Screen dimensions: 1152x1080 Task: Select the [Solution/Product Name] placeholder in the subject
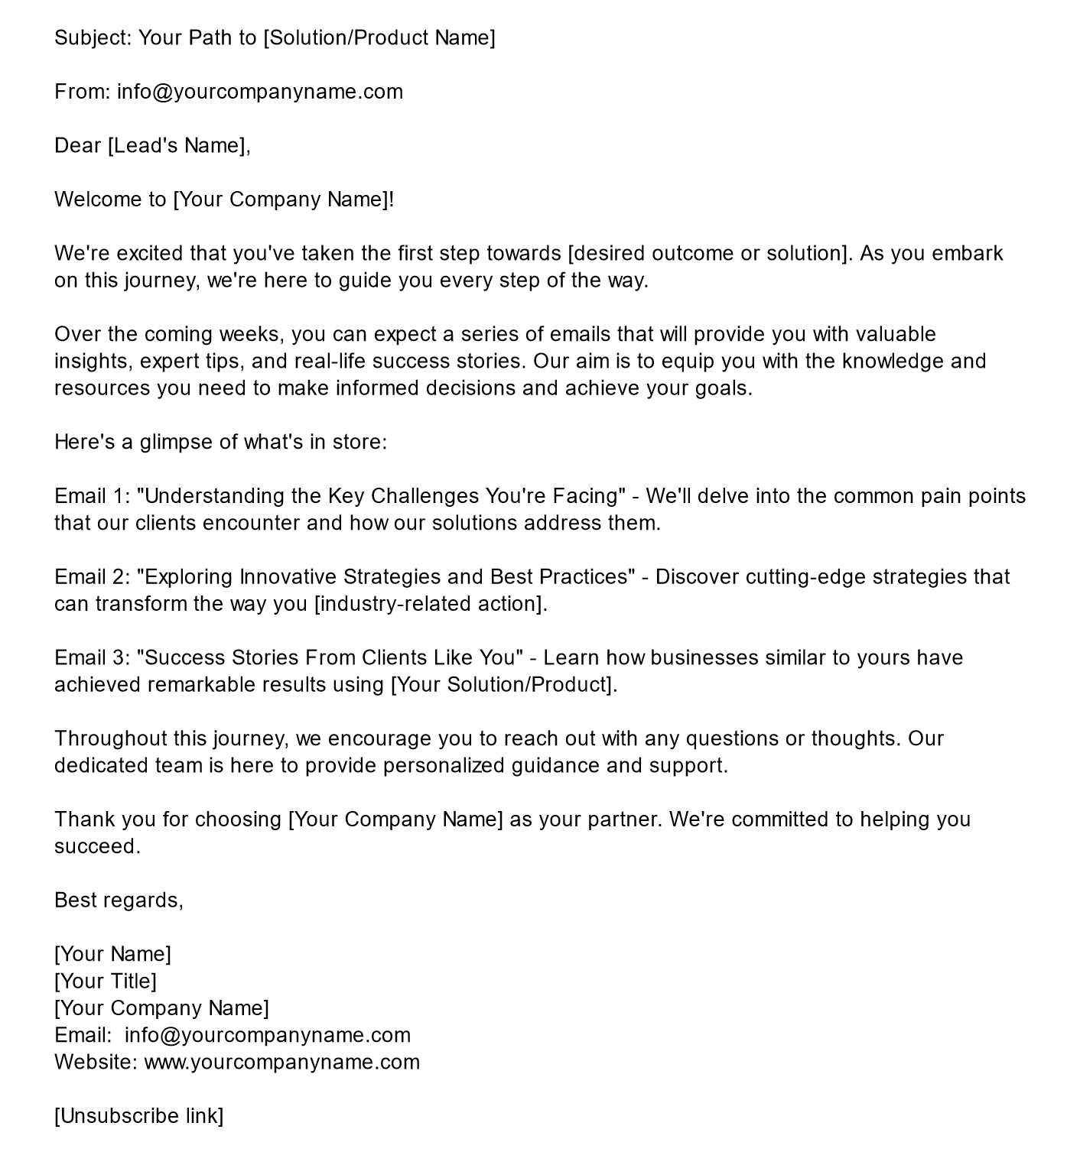(379, 37)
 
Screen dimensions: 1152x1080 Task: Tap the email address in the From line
(260, 92)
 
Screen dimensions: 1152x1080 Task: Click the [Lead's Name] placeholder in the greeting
(177, 145)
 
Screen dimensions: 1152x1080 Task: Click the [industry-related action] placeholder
(431, 604)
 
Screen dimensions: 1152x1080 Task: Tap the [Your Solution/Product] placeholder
(503, 684)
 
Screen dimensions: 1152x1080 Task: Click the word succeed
(97, 846)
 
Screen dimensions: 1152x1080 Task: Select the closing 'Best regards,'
(119, 900)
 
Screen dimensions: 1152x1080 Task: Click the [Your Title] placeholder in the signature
(106, 981)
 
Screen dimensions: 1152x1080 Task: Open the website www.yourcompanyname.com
(281, 1062)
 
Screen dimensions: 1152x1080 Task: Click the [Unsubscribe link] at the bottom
(139, 1116)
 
